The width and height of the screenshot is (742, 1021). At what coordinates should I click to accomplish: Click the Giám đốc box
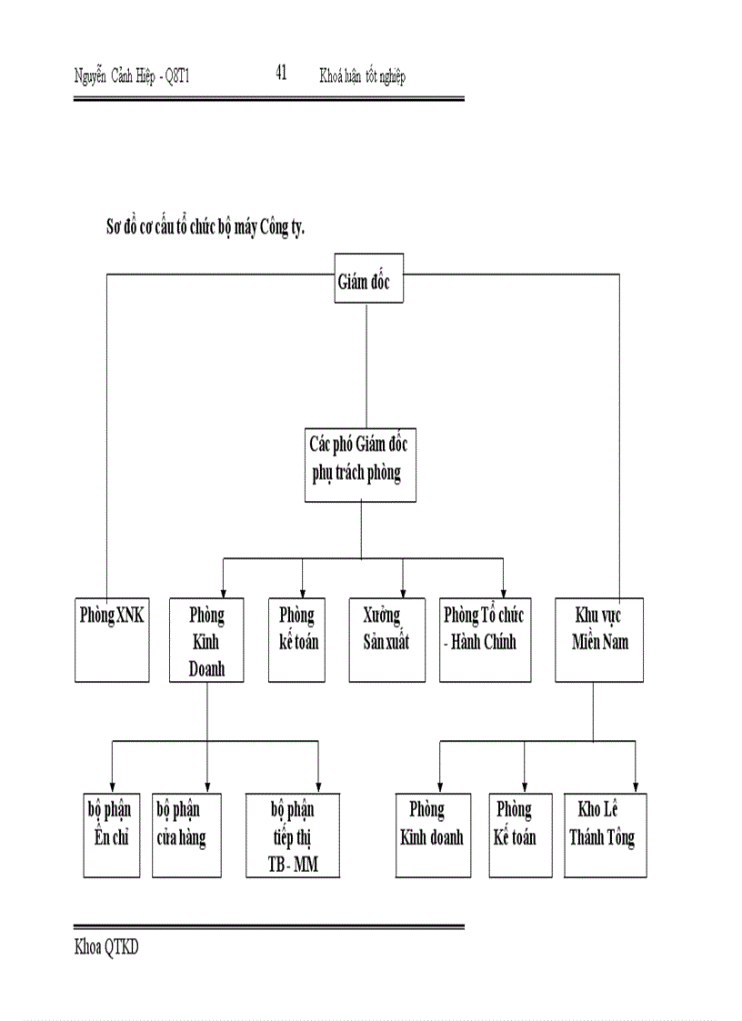[366, 280]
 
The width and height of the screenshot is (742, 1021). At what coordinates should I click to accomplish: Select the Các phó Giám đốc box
[360, 465]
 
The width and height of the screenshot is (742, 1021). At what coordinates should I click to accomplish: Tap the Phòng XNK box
[112, 639]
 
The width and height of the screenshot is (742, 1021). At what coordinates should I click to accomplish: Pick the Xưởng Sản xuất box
[387, 639]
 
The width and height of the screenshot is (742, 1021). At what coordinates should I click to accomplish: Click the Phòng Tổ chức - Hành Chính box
[485, 639]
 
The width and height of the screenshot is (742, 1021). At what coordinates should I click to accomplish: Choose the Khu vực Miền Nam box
[599, 639]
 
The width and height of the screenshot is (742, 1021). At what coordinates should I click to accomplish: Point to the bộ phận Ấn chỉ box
[110, 835]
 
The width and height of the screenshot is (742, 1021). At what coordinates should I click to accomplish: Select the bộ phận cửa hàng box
[186, 835]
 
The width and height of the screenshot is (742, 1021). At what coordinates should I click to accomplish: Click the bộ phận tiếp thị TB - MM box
[293, 835]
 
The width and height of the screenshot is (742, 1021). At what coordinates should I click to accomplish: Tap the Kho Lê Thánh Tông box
[605, 835]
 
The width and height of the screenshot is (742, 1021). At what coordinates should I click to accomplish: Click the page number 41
[281, 74]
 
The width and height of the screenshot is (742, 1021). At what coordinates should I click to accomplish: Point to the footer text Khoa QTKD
[106, 947]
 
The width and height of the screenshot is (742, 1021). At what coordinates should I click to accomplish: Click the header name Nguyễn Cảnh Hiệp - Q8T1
[131, 76]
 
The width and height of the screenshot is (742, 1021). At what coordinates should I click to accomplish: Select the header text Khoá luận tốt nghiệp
[362, 76]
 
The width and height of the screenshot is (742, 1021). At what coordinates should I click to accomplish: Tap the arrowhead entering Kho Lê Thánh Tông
[635, 787]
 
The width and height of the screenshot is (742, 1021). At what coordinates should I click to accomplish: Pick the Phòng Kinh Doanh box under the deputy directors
[206, 639]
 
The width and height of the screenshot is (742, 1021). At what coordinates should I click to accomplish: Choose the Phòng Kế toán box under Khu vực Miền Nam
[520, 835]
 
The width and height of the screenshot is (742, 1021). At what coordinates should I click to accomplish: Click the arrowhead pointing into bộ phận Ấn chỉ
[112, 787]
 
